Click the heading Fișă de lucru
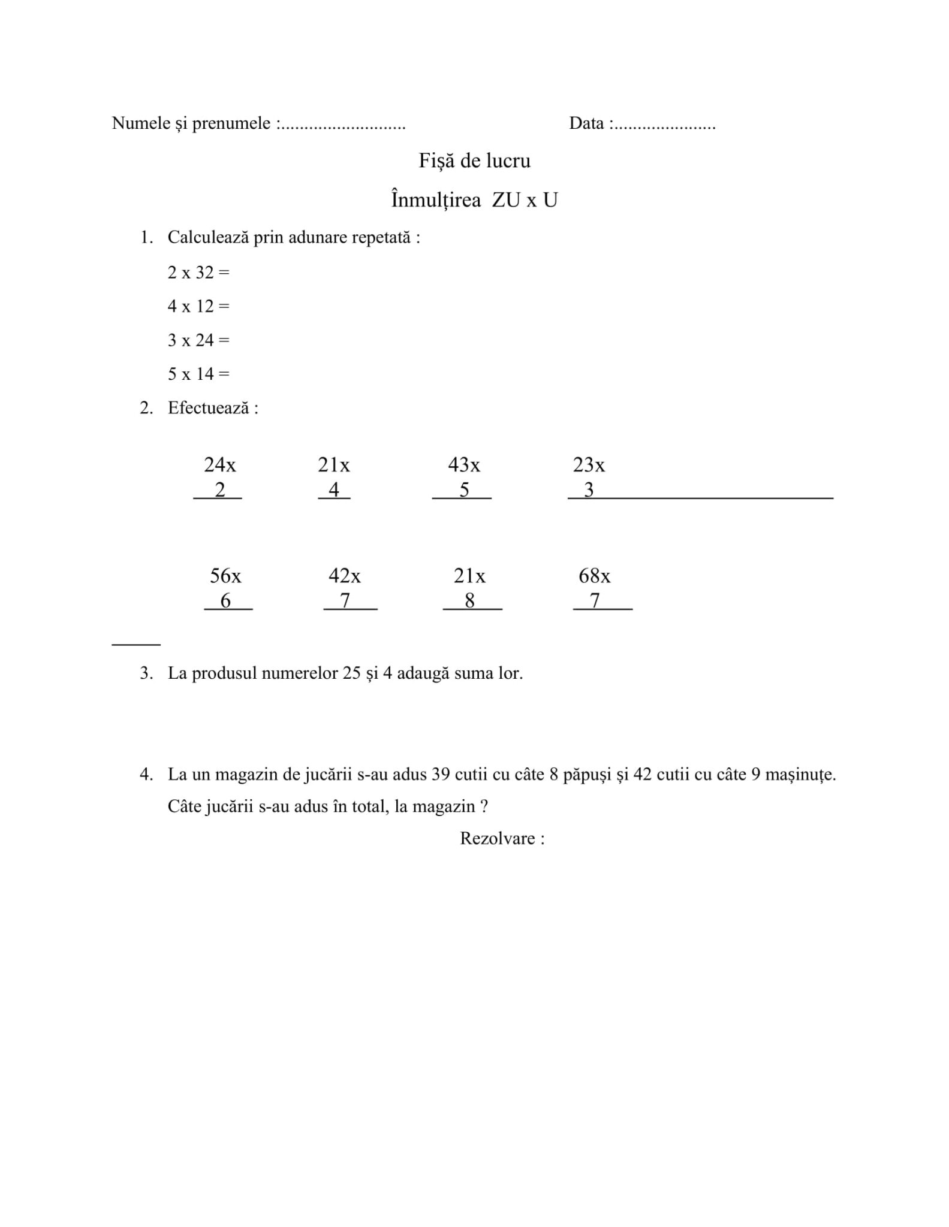474,161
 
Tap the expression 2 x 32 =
198,273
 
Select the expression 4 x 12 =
198,306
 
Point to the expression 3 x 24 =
198,340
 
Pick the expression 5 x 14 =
198,374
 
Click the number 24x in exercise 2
219,464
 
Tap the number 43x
463,464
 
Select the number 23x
588,464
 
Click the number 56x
225,576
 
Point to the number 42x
344,576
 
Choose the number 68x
594,576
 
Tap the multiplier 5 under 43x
464,490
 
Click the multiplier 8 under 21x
470,600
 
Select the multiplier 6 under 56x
225,600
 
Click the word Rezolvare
497,838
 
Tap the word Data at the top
586,123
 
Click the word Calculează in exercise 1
207,237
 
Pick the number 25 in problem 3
351,673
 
